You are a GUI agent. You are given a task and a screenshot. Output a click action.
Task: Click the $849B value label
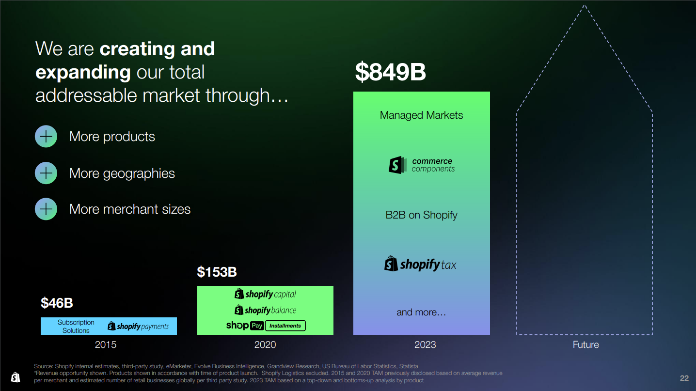coord(390,72)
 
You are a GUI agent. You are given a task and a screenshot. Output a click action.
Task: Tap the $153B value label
coord(217,272)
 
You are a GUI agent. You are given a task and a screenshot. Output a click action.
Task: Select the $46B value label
coord(57,303)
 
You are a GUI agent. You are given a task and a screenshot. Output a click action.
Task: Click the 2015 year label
coord(106,344)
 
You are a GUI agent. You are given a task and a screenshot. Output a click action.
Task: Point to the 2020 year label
coord(265,344)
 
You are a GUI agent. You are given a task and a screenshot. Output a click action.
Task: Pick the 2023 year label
coord(425,344)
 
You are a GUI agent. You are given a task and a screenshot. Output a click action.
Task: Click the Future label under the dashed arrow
coord(585,344)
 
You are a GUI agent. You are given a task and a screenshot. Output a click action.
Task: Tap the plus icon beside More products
coord(46,136)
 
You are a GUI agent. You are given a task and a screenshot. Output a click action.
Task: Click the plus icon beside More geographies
coord(46,173)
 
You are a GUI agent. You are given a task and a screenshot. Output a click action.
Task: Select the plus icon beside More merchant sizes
coord(46,209)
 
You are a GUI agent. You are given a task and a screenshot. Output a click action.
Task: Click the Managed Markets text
coord(421,115)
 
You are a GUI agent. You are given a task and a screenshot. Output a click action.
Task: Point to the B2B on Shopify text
coord(421,215)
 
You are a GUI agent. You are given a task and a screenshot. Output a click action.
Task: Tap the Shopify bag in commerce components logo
coord(397,165)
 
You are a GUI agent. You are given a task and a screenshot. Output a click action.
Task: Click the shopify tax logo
coord(420,264)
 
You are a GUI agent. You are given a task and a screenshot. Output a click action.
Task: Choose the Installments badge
coord(285,326)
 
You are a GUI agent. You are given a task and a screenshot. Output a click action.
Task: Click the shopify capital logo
coord(265,294)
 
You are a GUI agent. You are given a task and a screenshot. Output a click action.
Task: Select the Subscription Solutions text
coord(76,327)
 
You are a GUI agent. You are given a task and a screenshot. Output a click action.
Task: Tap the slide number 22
coord(684,378)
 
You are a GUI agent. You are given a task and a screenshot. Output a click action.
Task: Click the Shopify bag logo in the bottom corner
coord(16,377)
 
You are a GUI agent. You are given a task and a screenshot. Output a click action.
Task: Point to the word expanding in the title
coord(83,72)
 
